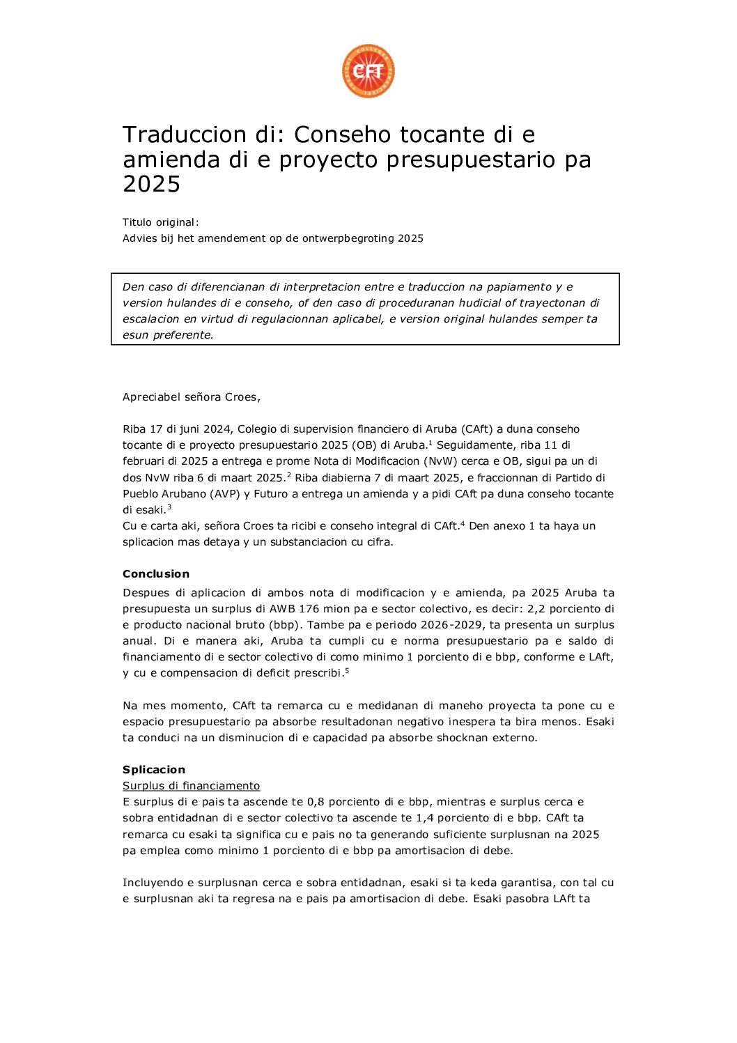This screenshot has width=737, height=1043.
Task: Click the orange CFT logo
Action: tap(368, 71)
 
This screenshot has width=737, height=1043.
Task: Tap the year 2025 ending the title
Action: tap(151, 184)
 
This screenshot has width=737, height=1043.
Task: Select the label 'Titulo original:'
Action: tap(161, 222)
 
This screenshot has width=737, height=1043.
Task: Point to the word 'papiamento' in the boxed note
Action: tap(510, 287)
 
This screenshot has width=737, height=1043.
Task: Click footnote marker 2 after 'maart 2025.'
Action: tap(288, 474)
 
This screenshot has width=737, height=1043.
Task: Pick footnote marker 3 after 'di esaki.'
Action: tap(169, 507)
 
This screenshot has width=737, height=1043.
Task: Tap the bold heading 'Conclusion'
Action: tap(156, 574)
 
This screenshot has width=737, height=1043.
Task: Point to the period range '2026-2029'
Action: tap(457, 625)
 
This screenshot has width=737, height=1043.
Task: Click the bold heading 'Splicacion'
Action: tap(154, 770)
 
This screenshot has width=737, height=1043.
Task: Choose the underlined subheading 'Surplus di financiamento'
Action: tap(191, 786)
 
